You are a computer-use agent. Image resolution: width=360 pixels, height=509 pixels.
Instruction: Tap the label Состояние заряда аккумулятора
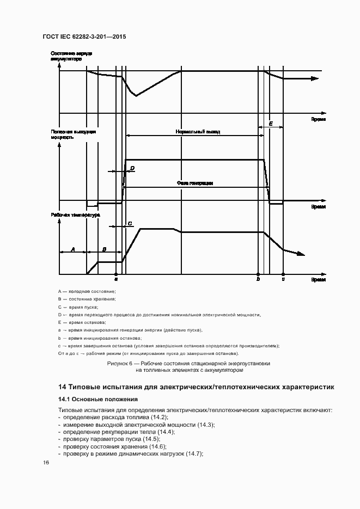(x=71, y=56)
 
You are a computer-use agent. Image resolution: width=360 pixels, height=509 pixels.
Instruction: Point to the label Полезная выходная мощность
(x=74, y=134)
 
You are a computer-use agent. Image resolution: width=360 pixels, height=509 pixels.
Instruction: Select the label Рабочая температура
(x=76, y=215)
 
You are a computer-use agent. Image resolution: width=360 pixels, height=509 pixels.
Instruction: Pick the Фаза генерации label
(x=194, y=183)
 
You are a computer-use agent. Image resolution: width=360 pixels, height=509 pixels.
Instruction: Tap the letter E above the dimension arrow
(x=271, y=124)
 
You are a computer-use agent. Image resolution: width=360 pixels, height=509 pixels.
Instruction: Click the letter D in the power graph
(x=132, y=169)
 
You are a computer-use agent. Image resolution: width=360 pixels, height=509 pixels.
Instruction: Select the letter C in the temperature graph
(x=130, y=223)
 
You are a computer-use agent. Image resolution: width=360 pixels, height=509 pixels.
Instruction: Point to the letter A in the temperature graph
(x=73, y=249)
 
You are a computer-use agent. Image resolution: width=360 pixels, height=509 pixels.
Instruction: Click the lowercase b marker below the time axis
(x=258, y=279)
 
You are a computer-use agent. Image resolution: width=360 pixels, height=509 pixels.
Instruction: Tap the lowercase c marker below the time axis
(x=283, y=279)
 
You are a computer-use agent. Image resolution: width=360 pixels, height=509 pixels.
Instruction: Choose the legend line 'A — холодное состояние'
(x=87, y=292)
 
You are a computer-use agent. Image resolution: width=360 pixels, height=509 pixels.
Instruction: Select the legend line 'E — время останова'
(x=82, y=322)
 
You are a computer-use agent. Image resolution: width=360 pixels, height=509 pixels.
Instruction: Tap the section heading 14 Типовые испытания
(x=196, y=387)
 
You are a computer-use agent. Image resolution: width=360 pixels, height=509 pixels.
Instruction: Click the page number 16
(x=46, y=462)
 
